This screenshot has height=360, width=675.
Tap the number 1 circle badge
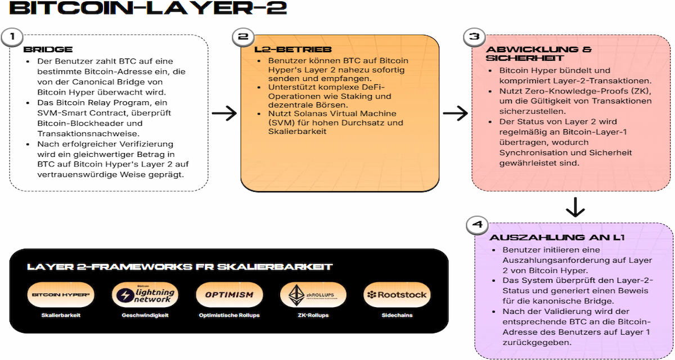point(12,38)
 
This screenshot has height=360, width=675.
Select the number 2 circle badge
point(243,38)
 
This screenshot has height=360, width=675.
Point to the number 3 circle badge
point(474,38)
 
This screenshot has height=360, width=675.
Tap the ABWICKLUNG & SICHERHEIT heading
point(538,53)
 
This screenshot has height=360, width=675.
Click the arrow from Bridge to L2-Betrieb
point(224,113)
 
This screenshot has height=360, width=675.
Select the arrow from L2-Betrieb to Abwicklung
point(455,113)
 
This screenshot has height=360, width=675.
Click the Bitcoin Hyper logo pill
point(61,294)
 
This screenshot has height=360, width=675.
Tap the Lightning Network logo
point(145,294)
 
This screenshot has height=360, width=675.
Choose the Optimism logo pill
point(229,294)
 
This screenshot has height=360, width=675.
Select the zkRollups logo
point(313,294)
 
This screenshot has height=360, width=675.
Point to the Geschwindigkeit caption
point(145,316)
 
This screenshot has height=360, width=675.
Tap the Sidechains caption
point(396,316)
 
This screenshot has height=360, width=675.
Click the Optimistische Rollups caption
point(229,316)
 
